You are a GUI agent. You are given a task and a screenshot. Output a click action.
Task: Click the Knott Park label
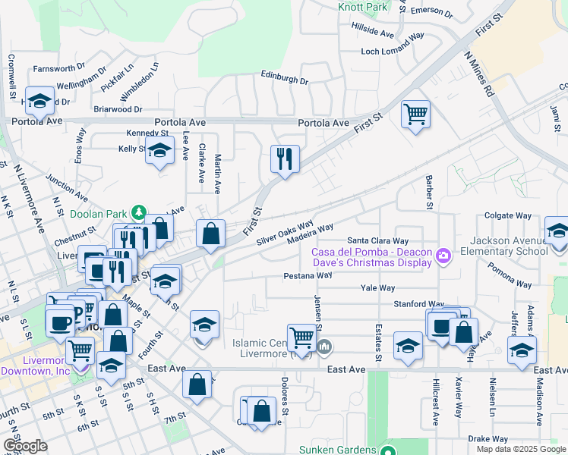(x=363, y=7)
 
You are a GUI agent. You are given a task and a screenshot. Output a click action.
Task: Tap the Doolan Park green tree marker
(x=138, y=212)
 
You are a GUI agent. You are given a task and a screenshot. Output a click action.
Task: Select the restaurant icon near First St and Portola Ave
(x=285, y=159)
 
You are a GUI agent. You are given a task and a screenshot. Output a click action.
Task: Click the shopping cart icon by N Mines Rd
(x=415, y=115)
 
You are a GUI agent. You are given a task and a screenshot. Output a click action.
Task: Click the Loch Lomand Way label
(x=392, y=52)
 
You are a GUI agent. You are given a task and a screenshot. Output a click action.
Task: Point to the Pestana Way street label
(x=308, y=276)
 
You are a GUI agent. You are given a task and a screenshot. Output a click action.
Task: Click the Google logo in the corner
(x=25, y=445)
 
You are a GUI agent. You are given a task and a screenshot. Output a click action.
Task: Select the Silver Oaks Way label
(x=285, y=233)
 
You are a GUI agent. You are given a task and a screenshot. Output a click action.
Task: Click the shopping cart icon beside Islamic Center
(x=302, y=337)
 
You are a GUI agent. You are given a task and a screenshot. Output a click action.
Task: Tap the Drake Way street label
(x=482, y=439)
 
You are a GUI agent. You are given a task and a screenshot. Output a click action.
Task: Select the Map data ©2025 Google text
(x=519, y=449)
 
